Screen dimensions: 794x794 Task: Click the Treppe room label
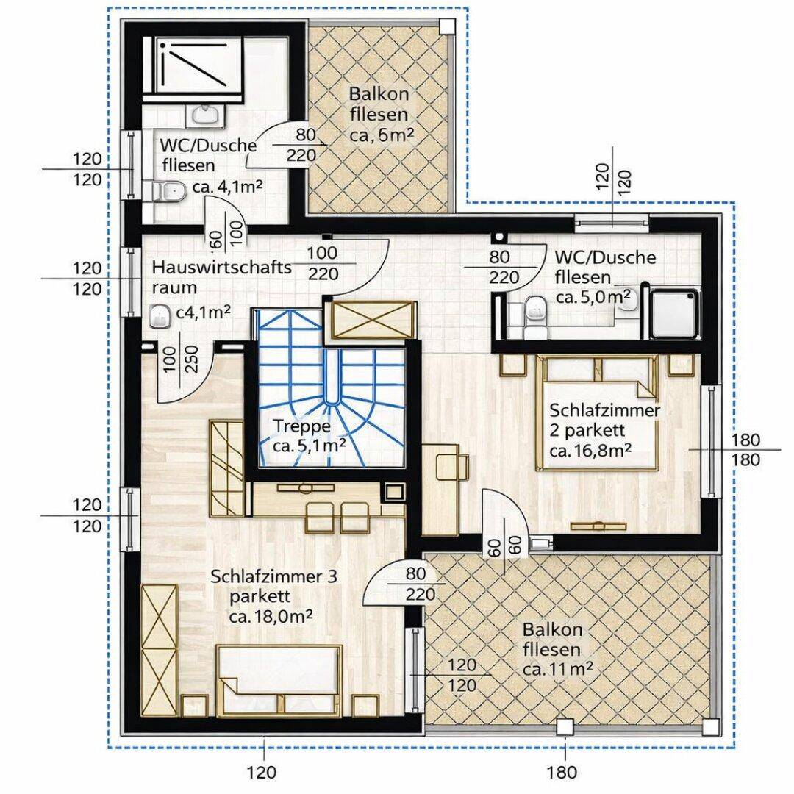pyautogui.click(x=302, y=426)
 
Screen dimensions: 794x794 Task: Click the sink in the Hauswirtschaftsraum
pyautogui.click(x=160, y=316)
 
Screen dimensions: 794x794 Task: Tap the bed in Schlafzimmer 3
pyautogui.click(x=279, y=680)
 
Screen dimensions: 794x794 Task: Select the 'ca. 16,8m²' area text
pyautogui.click(x=590, y=450)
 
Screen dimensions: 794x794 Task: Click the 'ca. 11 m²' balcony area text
pyautogui.click(x=557, y=670)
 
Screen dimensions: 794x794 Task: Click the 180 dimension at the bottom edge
pyautogui.click(x=562, y=772)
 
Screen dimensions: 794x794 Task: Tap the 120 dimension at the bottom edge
pyautogui.click(x=262, y=772)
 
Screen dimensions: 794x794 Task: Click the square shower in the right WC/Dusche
pyautogui.click(x=675, y=312)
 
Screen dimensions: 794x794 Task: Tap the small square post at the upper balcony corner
pyautogui.click(x=446, y=26)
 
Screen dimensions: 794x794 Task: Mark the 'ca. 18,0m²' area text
pyautogui.click(x=270, y=617)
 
